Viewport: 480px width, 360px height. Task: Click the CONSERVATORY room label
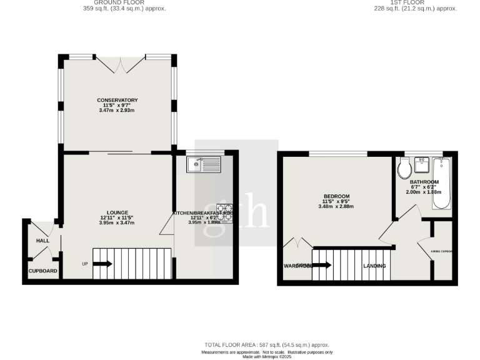click(117, 100)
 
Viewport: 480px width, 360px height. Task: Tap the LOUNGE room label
click(117, 212)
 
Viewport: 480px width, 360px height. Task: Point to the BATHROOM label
click(424, 182)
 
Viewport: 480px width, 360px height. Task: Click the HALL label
click(42, 241)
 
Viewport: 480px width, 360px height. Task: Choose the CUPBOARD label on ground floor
click(42, 271)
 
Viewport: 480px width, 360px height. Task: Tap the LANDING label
click(374, 266)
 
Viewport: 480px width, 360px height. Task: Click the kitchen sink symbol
click(204, 164)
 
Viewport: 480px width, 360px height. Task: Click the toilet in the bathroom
click(404, 167)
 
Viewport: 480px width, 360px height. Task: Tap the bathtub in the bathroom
click(441, 184)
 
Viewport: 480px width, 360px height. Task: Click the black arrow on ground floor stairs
click(103, 264)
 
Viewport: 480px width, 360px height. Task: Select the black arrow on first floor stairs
click(322, 264)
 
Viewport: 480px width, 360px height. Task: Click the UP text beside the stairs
click(85, 264)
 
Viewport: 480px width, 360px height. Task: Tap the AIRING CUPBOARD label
click(441, 252)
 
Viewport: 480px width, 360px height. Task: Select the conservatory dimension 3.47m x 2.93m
click(117, 111)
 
